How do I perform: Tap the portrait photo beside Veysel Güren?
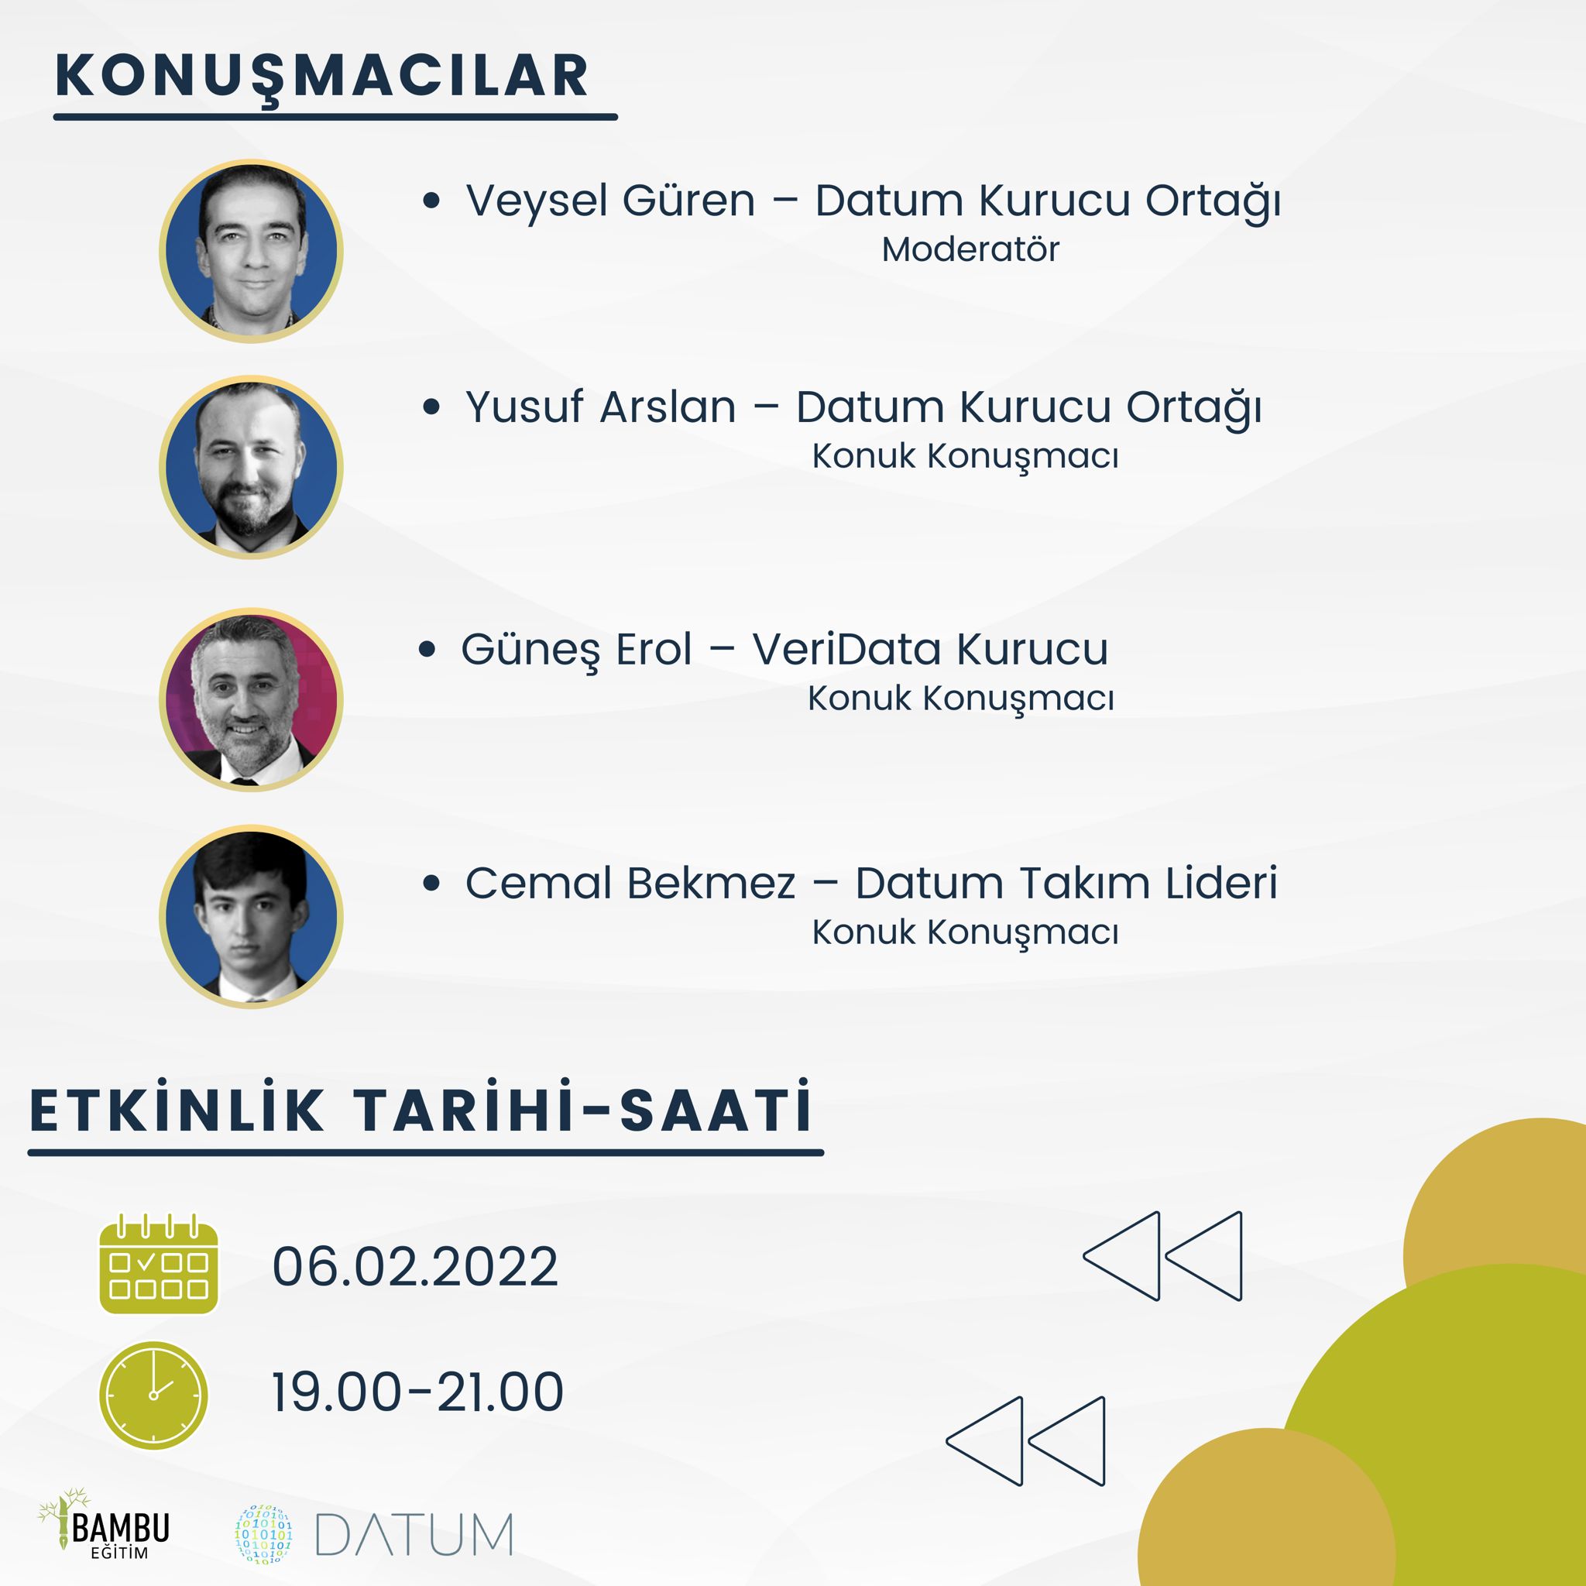[x=251, y=250]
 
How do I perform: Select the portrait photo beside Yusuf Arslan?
[x=251, y=466]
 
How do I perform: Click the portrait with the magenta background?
[x=251, y=699]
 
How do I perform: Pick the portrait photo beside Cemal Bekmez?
[x=251, y=917]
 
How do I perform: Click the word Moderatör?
[x=970, y=249]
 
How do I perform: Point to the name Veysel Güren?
[x=610, y=202]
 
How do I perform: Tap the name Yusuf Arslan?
[x=600, y=407]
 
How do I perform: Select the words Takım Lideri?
[x=1148, y=884]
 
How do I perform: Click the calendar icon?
[x=159, y=1264]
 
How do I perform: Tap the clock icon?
[x=153, y=1395]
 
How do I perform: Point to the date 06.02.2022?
[x=415, y=1266]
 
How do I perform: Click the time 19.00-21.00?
[x=418, y=1392]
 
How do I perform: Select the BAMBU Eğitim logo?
[x=104, y=1524]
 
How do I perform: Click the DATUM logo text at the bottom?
[x=414, y=1534]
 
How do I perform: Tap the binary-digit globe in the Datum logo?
[x=263, y=1533]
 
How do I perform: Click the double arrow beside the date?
[x=1162, y=1256]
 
